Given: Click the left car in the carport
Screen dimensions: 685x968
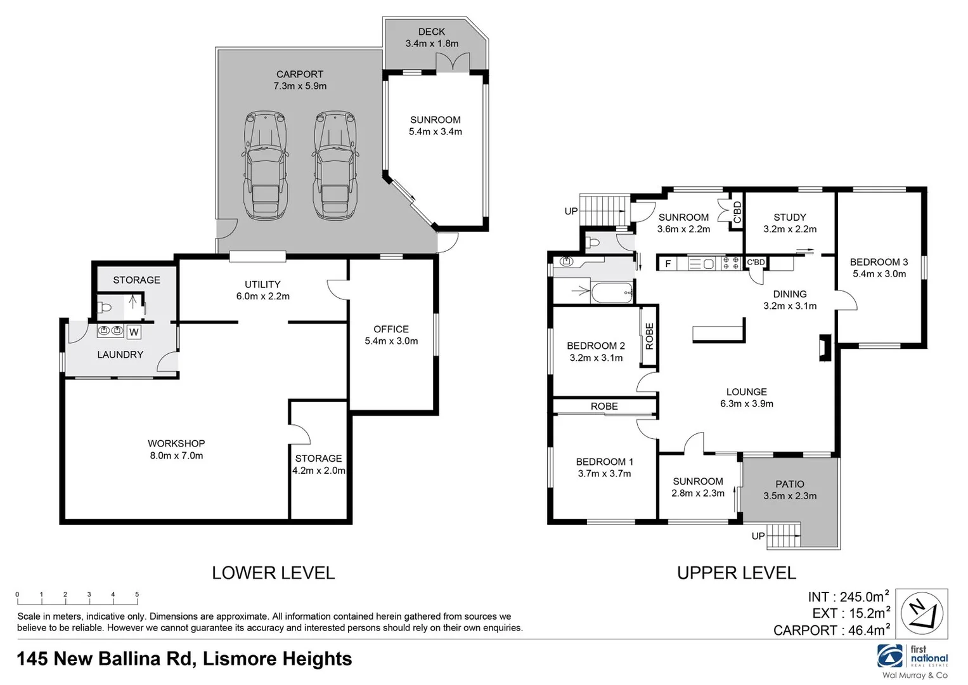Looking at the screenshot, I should [x=265, y=166].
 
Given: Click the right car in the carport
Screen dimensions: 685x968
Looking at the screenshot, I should [x=335, y=166].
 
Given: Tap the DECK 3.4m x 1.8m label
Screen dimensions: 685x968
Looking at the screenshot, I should [x=432, y=37].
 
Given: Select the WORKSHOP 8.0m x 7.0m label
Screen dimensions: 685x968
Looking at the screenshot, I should [x=176, y=450].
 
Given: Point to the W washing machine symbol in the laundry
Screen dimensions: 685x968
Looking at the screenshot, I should [x=134, y=332].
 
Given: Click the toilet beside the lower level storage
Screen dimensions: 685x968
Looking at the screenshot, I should [x=105, y=308].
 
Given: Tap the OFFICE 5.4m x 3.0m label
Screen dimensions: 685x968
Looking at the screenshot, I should [x=391, y=335].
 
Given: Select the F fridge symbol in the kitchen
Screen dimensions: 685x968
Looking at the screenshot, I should [x=668, y=263].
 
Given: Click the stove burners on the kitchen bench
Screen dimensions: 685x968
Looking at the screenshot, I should [x=732, y=263].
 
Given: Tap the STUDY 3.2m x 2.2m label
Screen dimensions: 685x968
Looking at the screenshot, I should [x=790, y=223].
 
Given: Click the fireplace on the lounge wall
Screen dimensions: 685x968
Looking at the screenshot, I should [x=825, y=348].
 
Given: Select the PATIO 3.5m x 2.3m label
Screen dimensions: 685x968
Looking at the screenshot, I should [x=790, y=490].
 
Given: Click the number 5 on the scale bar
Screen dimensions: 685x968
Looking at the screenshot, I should [x=137, y=594].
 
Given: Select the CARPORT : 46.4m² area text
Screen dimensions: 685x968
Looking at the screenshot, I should [x=830, y=630].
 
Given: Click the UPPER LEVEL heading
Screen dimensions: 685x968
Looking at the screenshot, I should [x=736, y=573].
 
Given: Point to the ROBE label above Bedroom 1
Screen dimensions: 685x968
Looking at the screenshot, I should [x=604, y=407].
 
